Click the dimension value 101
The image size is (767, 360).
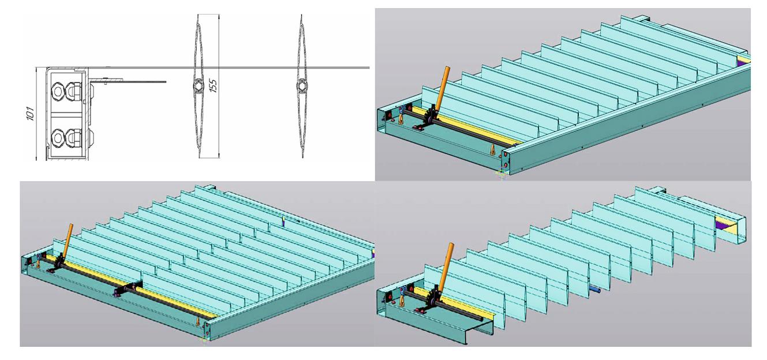[x=31, y=114]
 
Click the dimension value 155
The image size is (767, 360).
[x=214, y=86]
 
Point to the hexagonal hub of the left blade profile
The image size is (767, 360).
[x=199, y=85]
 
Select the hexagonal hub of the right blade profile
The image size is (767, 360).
[x=302, y=85]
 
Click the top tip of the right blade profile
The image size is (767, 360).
[x=301, y=15]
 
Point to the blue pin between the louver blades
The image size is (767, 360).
[x=595, y=290]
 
